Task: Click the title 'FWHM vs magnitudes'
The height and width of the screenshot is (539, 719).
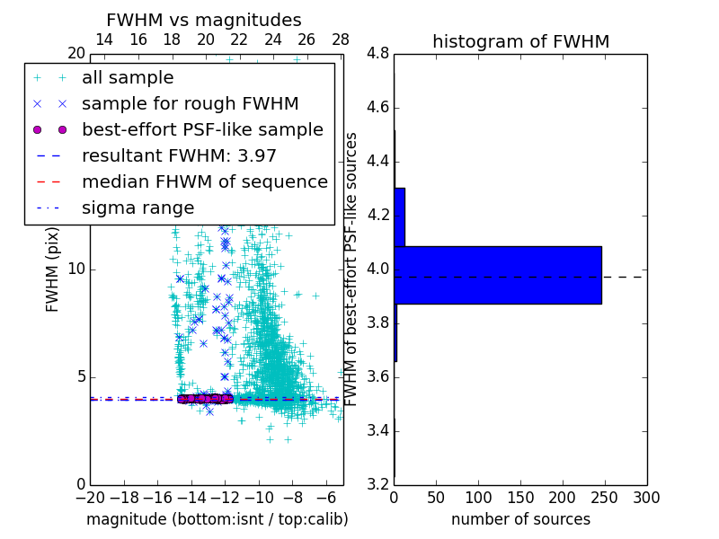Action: click(204, 21)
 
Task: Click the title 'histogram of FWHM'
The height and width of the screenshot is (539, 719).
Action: click(520, 41)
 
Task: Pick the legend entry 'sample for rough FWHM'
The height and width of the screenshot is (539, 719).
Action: click(190, 104)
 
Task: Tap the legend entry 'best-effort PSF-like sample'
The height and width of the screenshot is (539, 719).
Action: click(202, 130)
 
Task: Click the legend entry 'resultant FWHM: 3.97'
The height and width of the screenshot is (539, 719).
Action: click(179, 156)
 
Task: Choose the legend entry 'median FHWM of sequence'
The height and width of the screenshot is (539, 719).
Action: click(204, 182)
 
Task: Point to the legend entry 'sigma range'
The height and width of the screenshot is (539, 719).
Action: click(138, 208)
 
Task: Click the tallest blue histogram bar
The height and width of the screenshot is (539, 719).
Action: click(497, 275)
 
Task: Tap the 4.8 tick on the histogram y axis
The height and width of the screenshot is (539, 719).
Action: click(377, 54)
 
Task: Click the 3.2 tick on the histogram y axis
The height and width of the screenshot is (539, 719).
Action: click(377, 484)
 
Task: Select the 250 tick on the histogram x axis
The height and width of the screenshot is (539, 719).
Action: click(563, 498)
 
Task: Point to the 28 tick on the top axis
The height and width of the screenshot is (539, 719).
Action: click(341, 40)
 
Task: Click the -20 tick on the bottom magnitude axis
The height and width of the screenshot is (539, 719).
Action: click(90, 498)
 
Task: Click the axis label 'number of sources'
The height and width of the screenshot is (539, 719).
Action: click(520, 519)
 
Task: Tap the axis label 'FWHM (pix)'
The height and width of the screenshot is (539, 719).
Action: click(53, 269)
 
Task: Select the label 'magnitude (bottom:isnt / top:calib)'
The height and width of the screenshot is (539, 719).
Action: click(217, 519)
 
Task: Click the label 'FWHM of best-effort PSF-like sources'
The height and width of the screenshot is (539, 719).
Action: click(352, 269)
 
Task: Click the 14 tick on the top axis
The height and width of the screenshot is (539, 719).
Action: click(104, 40)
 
